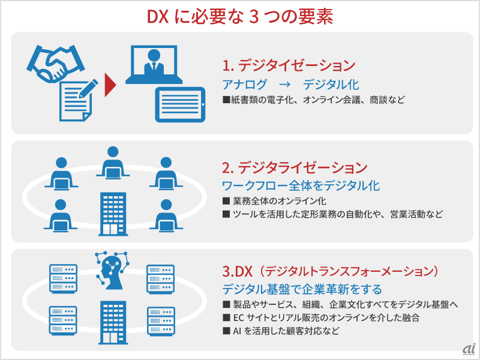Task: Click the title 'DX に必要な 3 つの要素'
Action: [x=240, y=17]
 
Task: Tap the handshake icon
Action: [x=55, y=64]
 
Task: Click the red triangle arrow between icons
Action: [x=110, y=85]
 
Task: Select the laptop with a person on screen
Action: [x=154, y=65]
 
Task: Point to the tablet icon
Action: [x=181, y=104]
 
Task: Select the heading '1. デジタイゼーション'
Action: [x=289, y=65]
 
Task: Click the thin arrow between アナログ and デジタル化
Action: [x=284, y=85]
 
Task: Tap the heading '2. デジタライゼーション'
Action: [x=295, y=167]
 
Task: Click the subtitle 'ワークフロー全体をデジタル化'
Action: [x=301, y=185]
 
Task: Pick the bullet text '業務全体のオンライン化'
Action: [x=280, y=201]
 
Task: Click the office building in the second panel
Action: [x=113, y=214]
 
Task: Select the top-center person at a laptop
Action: [x=113, y=163]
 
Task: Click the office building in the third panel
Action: [x=113, y=323]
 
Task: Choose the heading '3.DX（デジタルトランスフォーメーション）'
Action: [x=331, y=271]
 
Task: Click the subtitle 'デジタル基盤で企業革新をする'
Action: [x=302, y=289]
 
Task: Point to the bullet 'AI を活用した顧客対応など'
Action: [x=286, y=331]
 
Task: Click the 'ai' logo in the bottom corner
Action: [x=469, y=349]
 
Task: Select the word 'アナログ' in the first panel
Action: [x=245, y=85]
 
